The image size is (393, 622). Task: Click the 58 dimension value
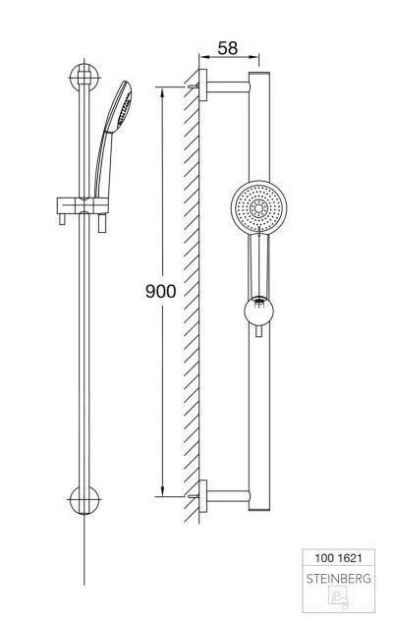(x=227, y=48)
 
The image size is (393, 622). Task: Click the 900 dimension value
(x=160, y=291)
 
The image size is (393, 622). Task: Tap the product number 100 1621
(x=338, y=558)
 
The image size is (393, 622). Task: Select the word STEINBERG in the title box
(x=339, y=579)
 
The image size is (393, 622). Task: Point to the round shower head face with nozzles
(x=258, y=208)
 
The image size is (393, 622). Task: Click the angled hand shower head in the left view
(x=119, y=106)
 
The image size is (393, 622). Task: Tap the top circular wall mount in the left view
(x=84, y=78)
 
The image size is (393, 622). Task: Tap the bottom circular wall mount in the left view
(x=84, y=500)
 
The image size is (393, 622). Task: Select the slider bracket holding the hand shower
(x=83, y=205)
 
